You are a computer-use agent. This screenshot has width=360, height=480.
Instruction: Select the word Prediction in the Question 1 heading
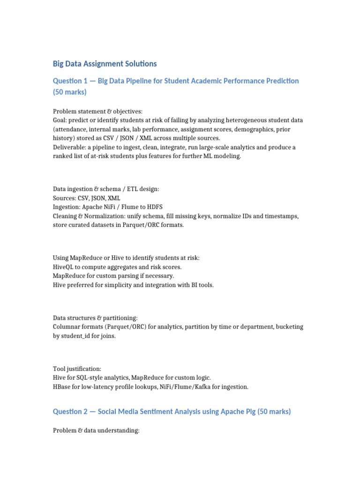coord(279,81)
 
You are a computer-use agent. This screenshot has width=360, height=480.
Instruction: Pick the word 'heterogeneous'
coord(228,120)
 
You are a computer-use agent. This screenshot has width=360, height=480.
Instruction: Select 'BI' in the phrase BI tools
coord(192,285)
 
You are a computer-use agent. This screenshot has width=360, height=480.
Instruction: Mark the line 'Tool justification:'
coord(77,369)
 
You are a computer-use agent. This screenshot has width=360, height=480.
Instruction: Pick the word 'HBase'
coord(63,387)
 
